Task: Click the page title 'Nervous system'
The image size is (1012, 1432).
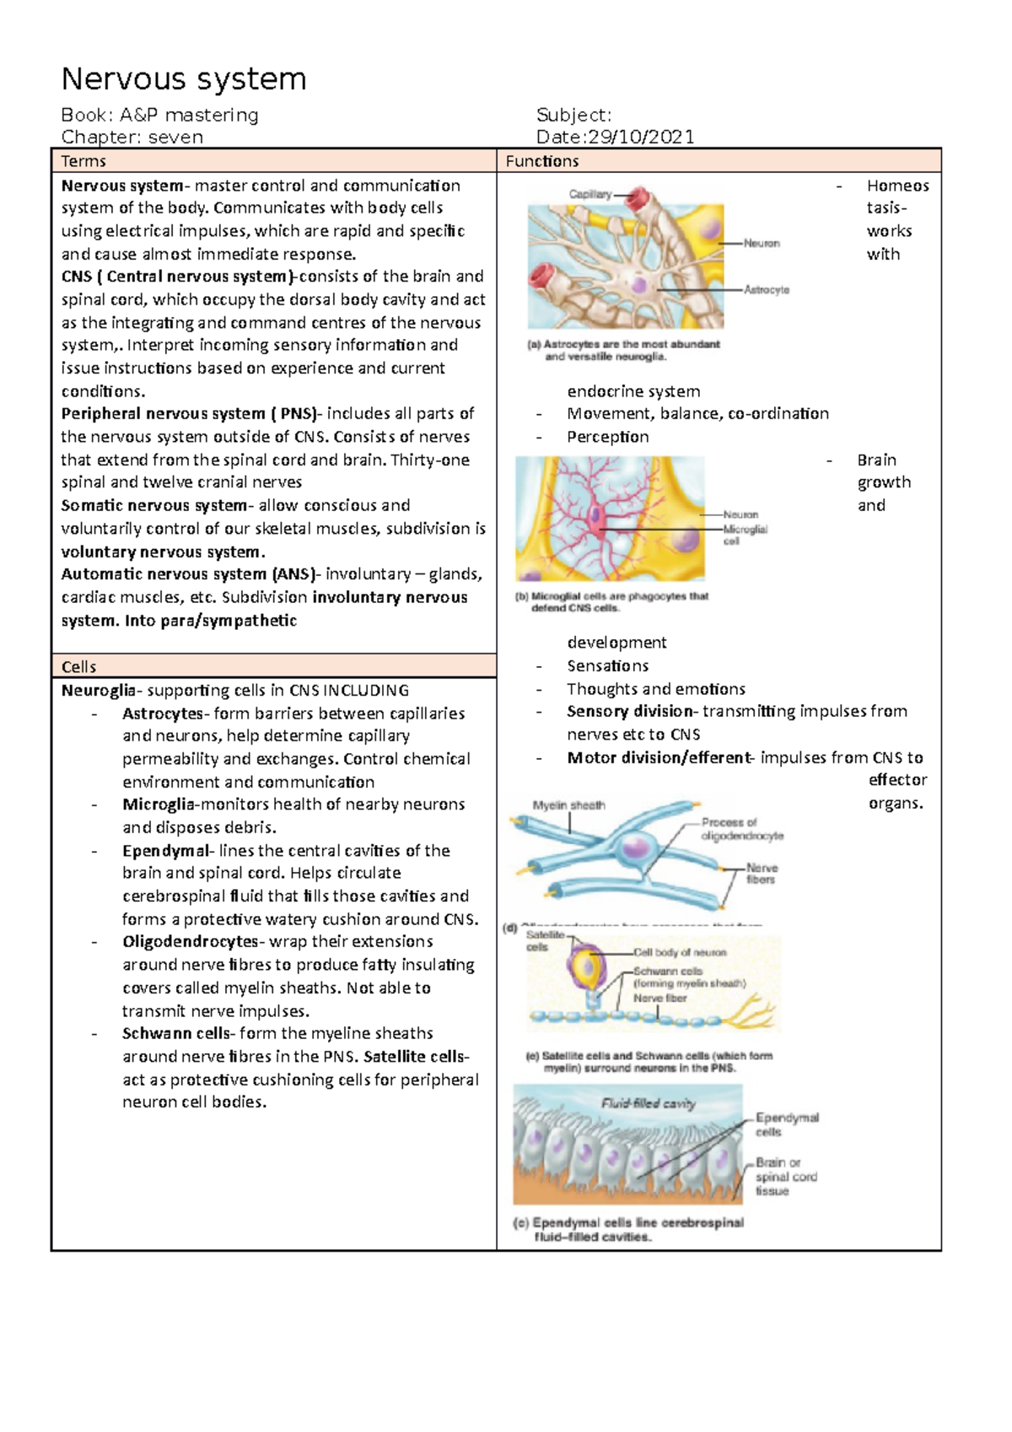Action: pos(184,79)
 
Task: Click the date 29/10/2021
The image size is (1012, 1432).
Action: pos(640,137)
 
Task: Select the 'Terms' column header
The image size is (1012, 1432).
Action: pos(83,161)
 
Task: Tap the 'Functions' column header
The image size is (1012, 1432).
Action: pos(541,161)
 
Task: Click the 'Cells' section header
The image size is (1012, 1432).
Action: pos(78,666)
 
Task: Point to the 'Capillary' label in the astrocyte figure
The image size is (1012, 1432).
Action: pos(589,194)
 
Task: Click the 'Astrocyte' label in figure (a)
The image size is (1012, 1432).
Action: pos(767,289)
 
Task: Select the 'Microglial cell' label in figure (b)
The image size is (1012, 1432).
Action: pos(745,535)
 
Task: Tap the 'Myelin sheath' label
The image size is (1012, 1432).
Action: pos(568,805)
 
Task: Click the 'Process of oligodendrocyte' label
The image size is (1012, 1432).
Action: pos(741,829)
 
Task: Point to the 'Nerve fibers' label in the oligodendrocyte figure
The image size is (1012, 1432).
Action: pos(761,874)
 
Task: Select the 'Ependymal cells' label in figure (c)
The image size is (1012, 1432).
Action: pos(786,1124)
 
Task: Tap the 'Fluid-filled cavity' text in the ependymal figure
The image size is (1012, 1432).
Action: pos(648,1103)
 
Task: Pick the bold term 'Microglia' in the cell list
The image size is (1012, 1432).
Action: pos(159,805)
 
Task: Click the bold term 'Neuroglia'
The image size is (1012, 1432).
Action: pos(98,691)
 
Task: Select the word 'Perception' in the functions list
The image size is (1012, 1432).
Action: pos(607,437)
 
